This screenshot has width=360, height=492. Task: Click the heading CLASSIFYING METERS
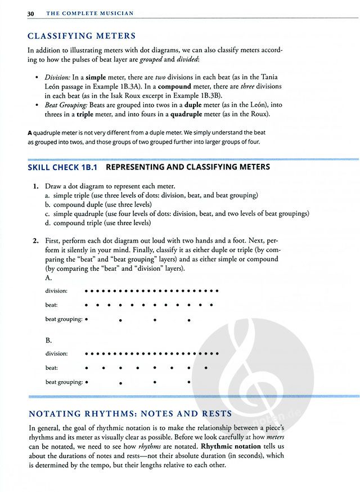click(x=82, y=37)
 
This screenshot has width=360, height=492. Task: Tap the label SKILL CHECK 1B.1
click(x=63, y=167)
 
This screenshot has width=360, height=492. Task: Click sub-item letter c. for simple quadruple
click(x=48, y=213)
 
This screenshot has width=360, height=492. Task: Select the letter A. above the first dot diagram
click(x=49, y=278)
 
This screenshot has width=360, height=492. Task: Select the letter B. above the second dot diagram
click(x=49, y=341)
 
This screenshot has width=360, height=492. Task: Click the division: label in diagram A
click(x=56, y=291)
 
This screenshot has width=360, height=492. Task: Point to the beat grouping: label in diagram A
click(x=64, y=319)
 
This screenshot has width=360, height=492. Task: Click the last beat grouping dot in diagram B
click(x=188, y=382)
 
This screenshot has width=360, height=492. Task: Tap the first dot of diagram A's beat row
click(x=86, y=305)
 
